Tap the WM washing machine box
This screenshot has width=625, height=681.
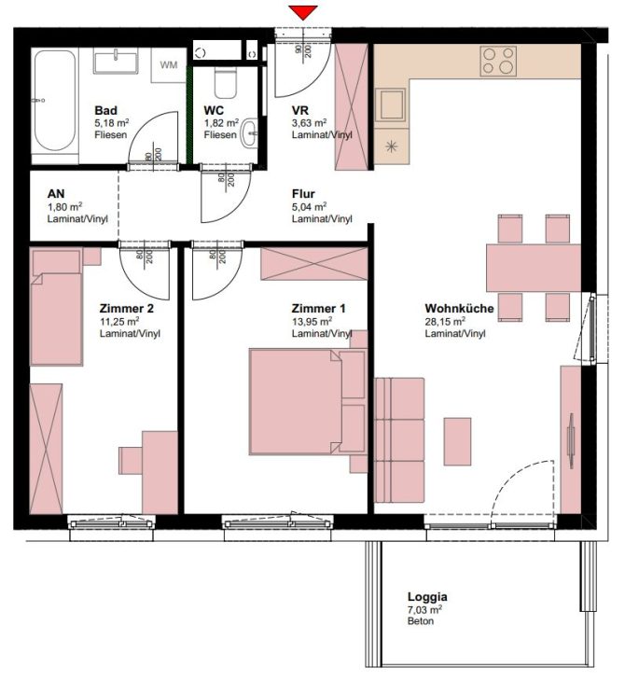tap(168, 64)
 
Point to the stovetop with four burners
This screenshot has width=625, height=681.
tap(500, 62)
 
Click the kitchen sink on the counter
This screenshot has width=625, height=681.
tap(390, 104)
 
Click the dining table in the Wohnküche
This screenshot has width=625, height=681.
tap(533, 268)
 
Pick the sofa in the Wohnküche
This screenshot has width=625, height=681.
tap(399, 438)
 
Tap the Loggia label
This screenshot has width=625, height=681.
tap(427, 597)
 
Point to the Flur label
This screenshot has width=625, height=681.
tap(303, 194)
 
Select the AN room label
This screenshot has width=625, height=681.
tap(55, 194)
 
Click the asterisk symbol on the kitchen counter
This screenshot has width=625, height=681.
tap(390, 146)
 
